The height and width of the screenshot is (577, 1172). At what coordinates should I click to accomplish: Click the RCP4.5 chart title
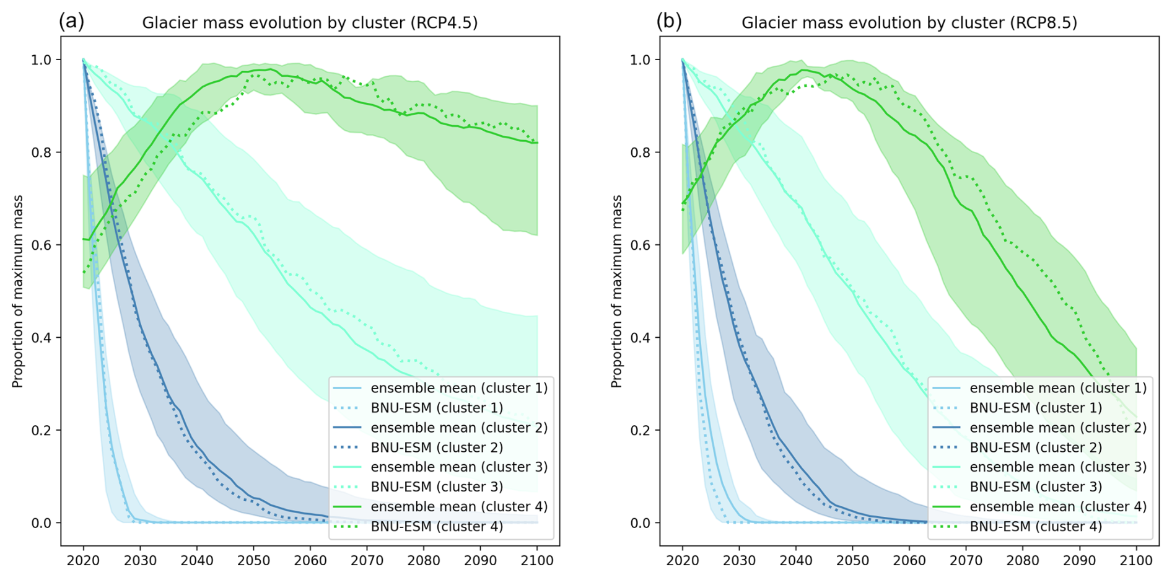point(310,23)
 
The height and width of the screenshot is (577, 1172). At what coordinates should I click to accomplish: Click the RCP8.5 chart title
point(909,23)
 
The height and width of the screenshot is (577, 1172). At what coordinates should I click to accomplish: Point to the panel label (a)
point(71,21)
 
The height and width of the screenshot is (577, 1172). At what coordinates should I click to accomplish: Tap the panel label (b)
point(669,21)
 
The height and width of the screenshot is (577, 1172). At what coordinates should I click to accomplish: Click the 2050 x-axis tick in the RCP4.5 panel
point(253,560)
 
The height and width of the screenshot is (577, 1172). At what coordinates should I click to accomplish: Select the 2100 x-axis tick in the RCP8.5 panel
point(1136,560)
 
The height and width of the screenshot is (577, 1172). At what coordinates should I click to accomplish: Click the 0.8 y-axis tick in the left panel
point(42,152)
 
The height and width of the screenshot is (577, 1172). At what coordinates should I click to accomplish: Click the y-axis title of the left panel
point(17,291)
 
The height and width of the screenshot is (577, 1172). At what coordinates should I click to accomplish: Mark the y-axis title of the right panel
point(616,291)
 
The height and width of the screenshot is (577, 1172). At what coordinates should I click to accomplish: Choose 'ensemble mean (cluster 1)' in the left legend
point(459,388)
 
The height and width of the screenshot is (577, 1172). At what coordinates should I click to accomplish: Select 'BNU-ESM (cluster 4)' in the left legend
point(437,526)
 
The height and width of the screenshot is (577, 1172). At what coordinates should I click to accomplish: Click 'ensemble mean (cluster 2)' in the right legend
point(1058,428)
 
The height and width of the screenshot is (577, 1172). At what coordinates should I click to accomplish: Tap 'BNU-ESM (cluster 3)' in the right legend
point(1036,487)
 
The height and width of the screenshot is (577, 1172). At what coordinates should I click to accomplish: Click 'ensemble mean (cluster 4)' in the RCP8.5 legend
point(1058,506)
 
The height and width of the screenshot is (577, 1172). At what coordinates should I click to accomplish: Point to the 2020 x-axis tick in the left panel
point(84,560)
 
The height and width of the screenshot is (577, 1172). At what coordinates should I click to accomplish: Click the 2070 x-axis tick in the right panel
point(966,560)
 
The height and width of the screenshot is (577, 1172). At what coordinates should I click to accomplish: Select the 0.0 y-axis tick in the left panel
point(42,523)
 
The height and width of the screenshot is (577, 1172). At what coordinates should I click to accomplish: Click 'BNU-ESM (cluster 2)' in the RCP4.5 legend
point(437,447)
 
